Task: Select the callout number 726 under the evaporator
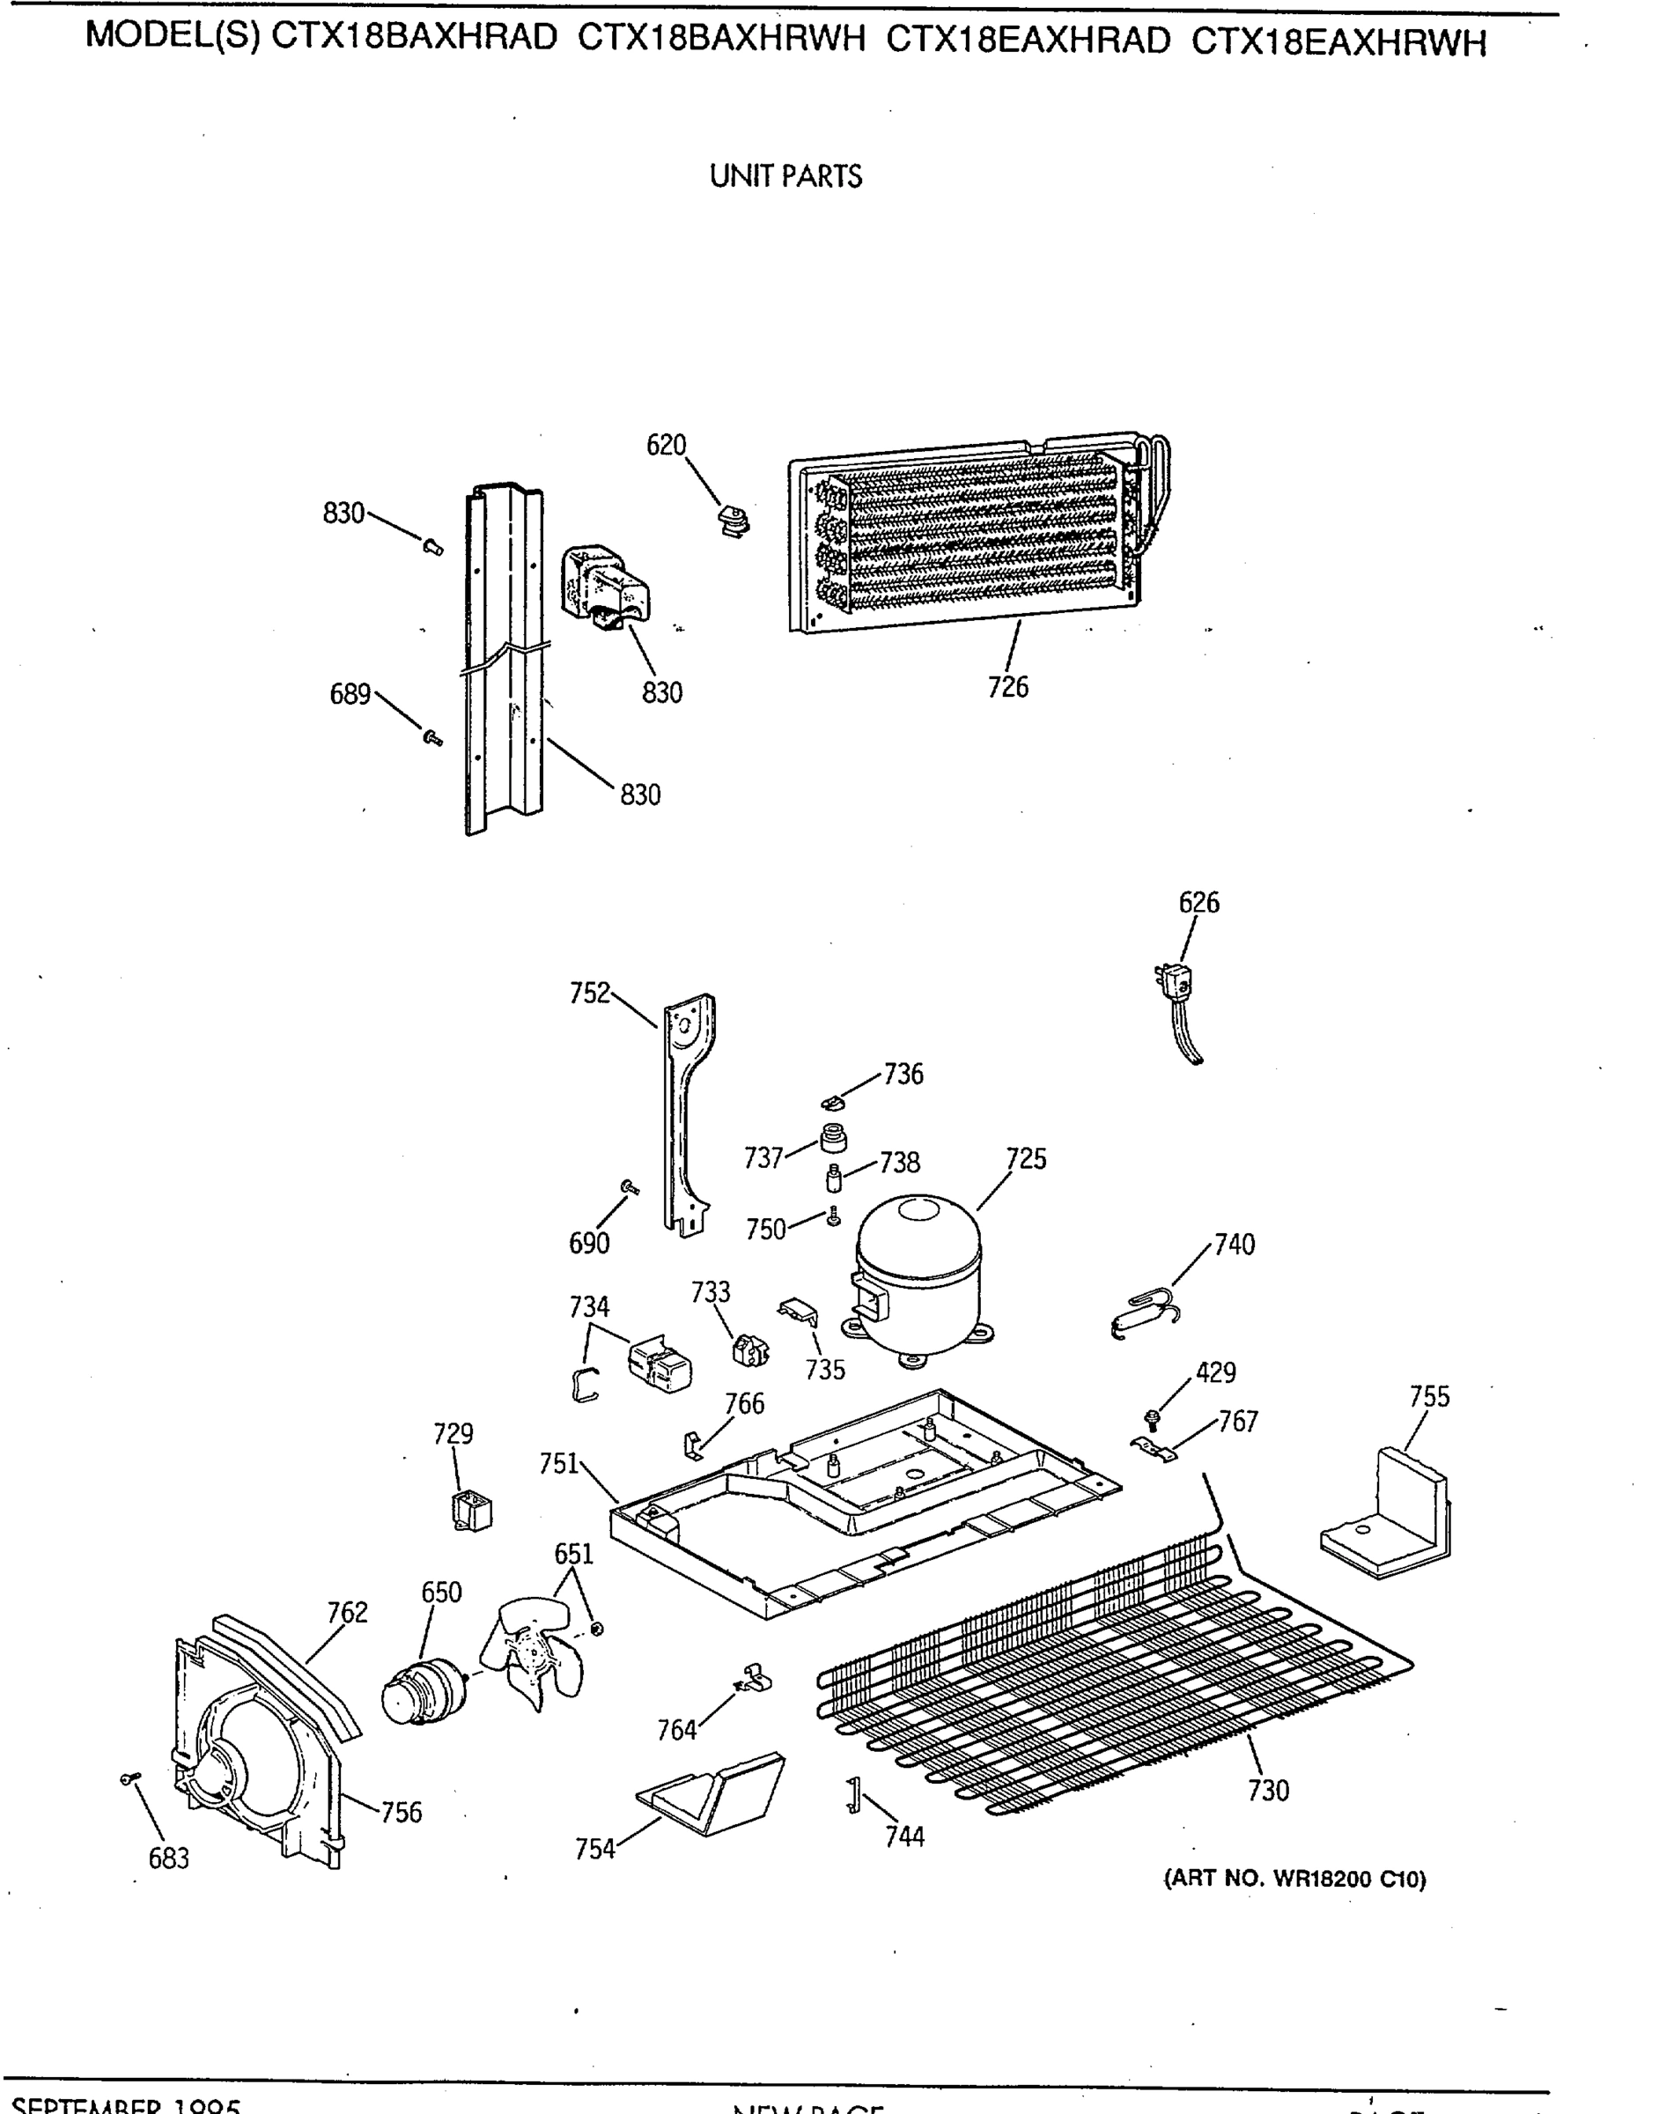(1007, 688)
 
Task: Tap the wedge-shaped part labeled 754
(714, 1794)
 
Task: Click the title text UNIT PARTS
(785, 177)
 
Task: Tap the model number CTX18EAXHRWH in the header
(1338, 41)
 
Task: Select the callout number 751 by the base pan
(558, 1463)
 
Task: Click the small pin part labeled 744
(852, 1794)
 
